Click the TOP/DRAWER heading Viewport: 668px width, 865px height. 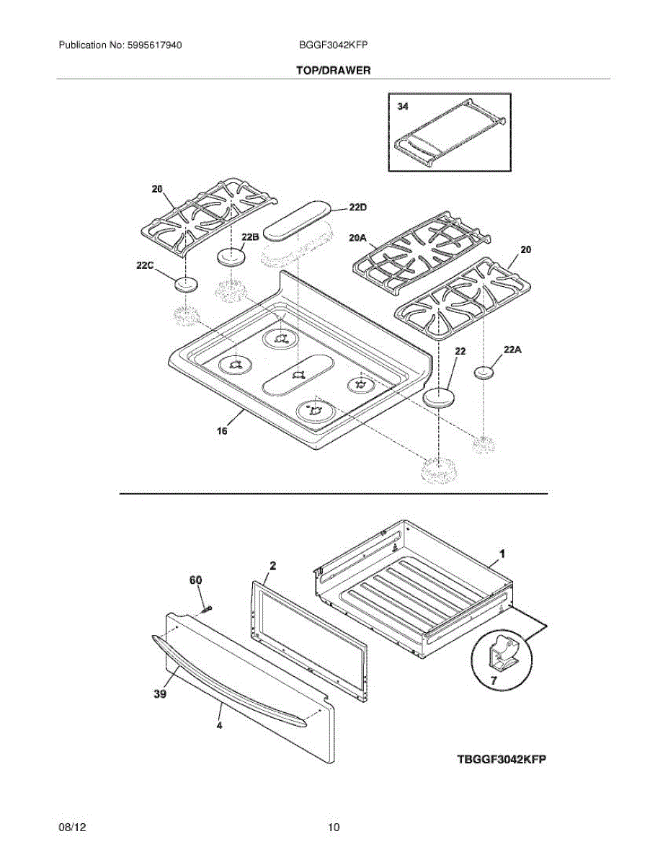point(333,71)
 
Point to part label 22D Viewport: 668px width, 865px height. point(357,208)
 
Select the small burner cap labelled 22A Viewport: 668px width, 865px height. point(485,372)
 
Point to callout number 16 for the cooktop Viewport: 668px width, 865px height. point(222,431)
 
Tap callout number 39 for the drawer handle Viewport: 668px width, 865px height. point(160,693)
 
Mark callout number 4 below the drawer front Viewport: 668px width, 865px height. point(219,727)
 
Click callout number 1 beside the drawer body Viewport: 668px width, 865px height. point(502,554)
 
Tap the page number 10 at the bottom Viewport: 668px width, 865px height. point(333,828)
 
